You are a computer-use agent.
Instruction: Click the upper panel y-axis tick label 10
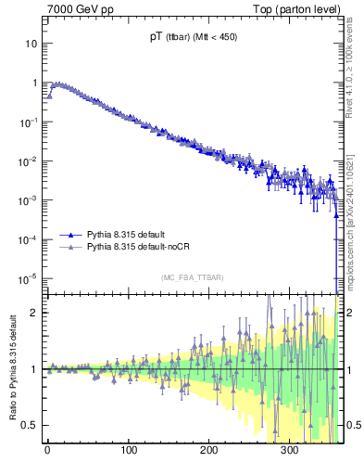coord(31,44)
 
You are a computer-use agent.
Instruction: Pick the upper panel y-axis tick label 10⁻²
coord(28,161)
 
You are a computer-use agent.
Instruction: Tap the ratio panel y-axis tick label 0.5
coord(30,426)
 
